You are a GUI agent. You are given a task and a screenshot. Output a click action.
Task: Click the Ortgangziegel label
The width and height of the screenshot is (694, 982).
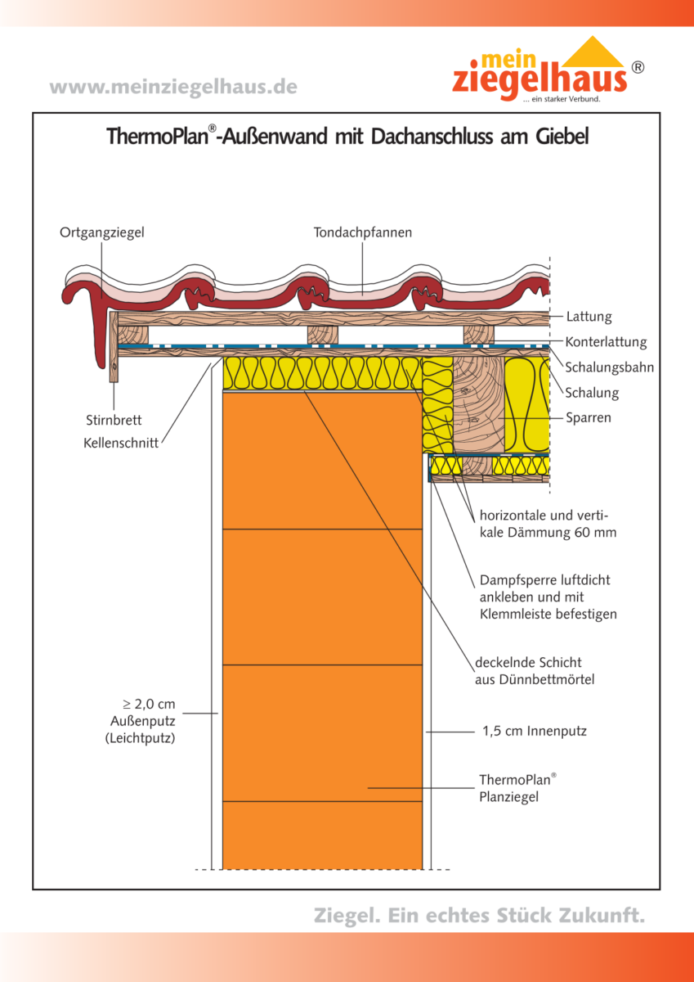pos(102,233)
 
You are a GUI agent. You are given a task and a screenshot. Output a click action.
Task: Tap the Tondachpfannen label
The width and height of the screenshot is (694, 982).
pos(363,233)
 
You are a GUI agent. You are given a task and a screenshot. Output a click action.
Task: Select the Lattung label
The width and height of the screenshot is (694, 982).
pos(589,317)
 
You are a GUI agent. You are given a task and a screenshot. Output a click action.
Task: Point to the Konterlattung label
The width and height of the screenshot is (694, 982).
pos(606,342)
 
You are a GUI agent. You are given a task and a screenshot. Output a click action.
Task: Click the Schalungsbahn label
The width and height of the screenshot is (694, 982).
pos(609,367)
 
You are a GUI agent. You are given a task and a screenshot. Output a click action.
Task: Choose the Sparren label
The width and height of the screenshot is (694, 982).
pos(589,418)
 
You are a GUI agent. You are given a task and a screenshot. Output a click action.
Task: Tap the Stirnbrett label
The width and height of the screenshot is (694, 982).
pos(114,420)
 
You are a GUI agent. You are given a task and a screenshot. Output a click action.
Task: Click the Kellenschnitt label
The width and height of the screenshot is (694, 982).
pos(121,444)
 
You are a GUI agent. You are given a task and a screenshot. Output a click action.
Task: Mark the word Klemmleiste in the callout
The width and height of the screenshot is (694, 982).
pos(514,614)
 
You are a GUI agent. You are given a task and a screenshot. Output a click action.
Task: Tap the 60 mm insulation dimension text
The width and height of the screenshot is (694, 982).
pos(595,533)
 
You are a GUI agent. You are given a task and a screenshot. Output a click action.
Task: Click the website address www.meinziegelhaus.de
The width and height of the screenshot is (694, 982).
pos(173,87)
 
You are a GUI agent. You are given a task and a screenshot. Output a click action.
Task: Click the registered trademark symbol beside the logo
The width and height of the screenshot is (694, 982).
pos(638,68)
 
